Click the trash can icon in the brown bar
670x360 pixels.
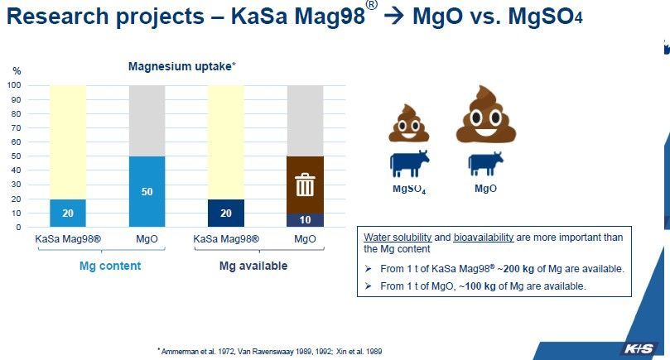pyautogui.click(x=305, y=185)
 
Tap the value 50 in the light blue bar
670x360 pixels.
pyautogui.click(x=147, y=191)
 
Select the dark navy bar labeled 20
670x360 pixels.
pyautogui.click(x=226, y=213)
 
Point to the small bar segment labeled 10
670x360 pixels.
pyautogui.click(x=305, y=220)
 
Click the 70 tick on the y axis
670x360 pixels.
pyautogui.click(x=16, y=127)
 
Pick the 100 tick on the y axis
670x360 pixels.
pyautogui.click(x=14, y=85)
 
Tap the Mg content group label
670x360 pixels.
pyautogui.click(x=110, y=266)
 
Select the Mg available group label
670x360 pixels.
pyautogui.click(x=253, y=266)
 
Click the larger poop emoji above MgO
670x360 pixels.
pyautogui.click(x=486, y=114)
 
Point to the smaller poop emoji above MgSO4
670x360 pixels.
pyautogui.click(x=408, y=123)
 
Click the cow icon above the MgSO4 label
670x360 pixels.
pyautogui.click(x=409, y=163)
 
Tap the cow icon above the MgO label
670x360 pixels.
pyautogui.click(x=485, y=164)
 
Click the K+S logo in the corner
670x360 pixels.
pyautogui.click(x=639, y=348)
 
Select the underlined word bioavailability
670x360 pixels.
pyautogui.click(x=484, y=237)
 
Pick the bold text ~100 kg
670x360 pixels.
pyautogui.click(x=477, y=286)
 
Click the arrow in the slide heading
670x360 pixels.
pyautogui.click(x=394, y=17)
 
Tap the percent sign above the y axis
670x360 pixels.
pyautogui.click(x=17, y=71)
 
